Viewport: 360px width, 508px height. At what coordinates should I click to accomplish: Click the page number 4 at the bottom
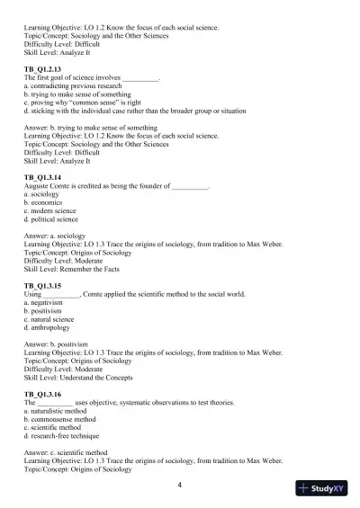tap(180, 486)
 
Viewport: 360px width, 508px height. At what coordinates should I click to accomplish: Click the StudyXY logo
tap(326, 489)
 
